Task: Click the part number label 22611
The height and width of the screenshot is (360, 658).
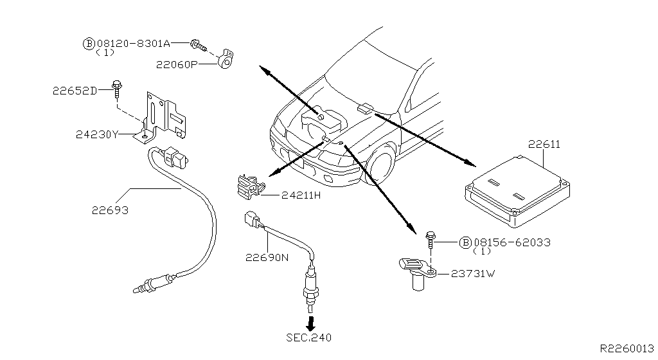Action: [544, 145]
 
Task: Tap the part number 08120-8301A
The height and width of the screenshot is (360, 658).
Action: [133, 44]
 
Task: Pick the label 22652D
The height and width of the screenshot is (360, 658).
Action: [75, 91]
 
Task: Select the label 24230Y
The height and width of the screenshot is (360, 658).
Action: [97, 134]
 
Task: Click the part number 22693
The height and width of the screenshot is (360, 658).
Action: [109, 210]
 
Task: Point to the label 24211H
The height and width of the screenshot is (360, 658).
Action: [300, 195]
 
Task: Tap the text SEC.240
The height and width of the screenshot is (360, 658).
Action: [309, 337]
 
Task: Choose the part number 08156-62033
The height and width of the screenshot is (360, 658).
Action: [511, 242]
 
